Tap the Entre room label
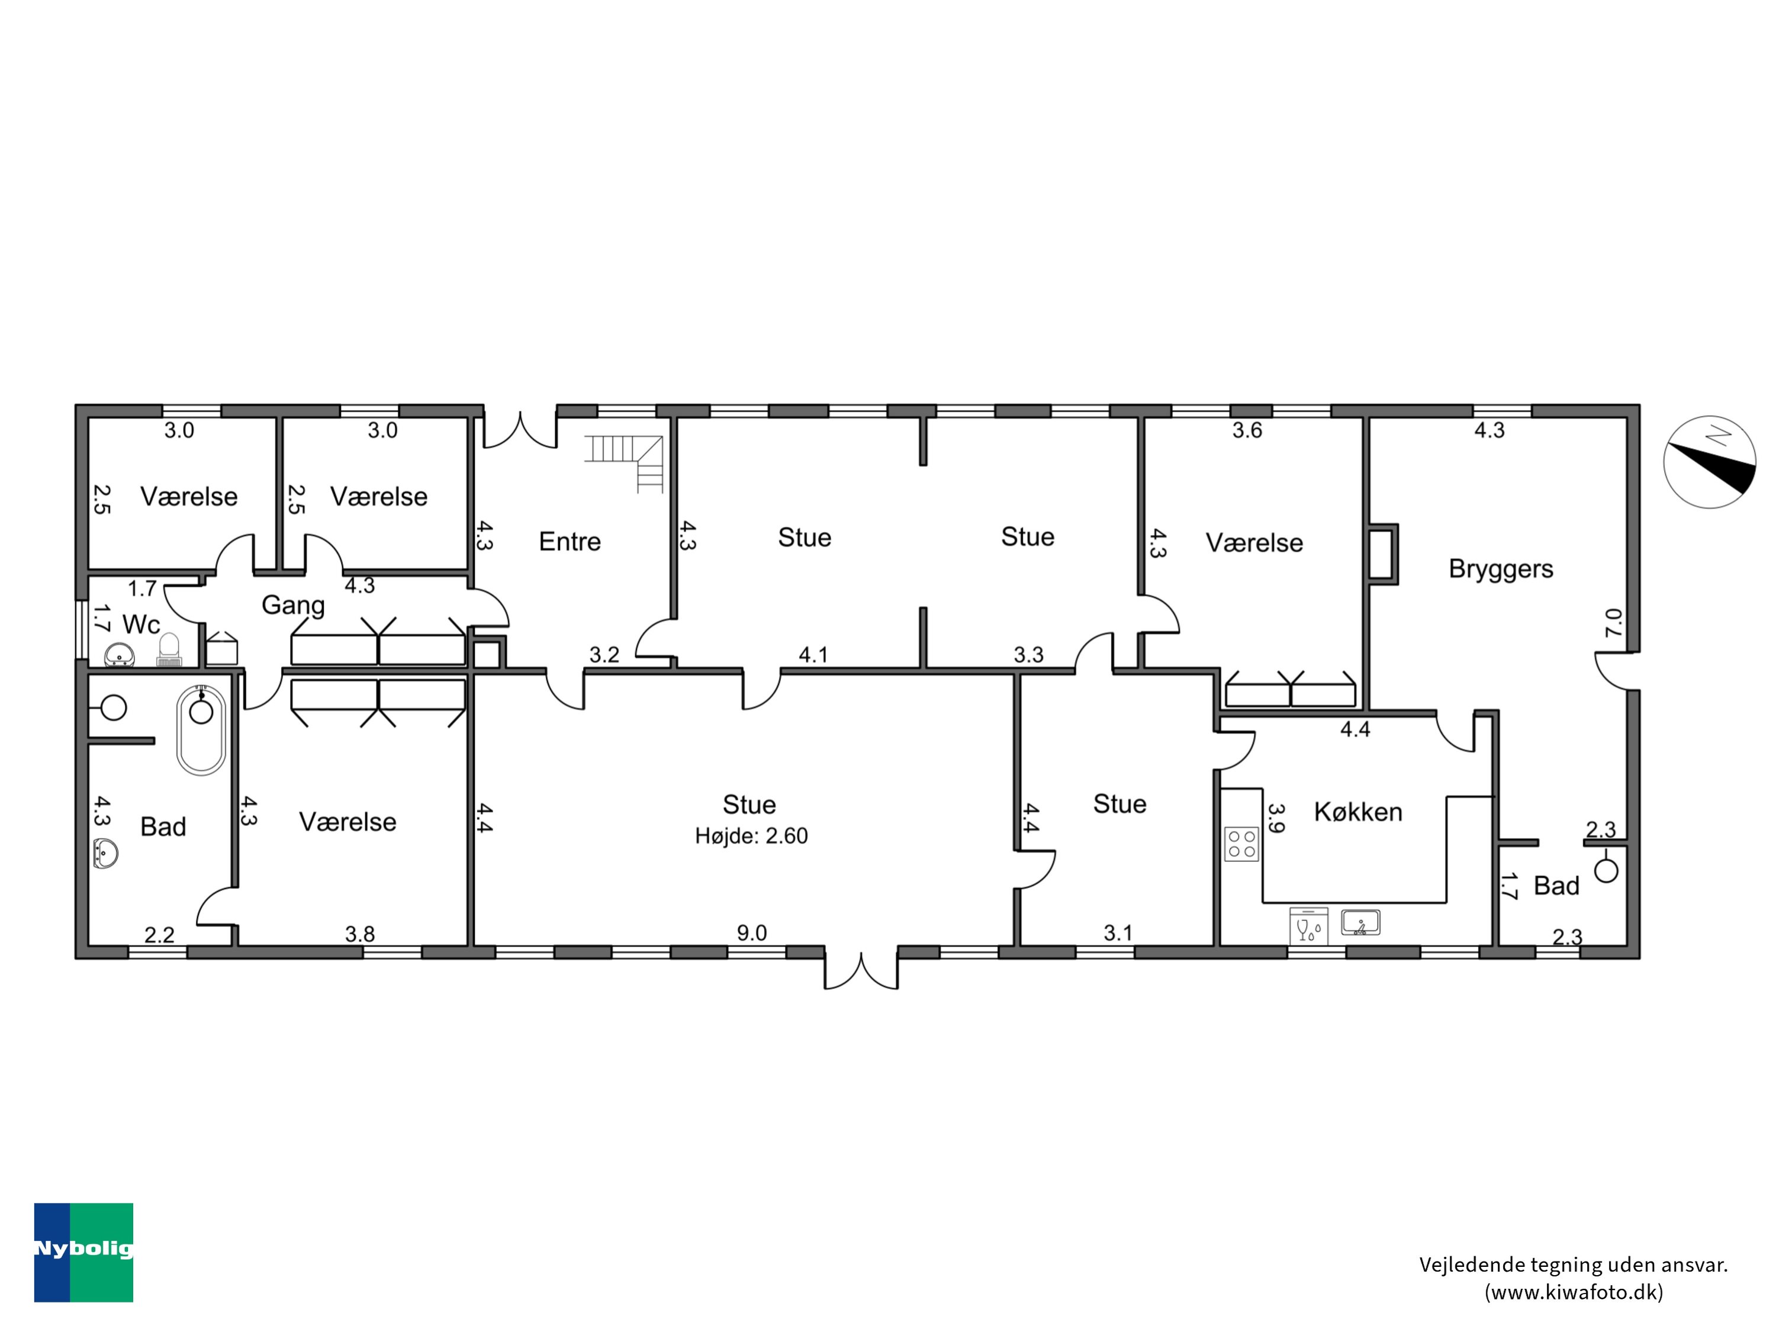570,541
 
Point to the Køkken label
1357,812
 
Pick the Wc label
141,625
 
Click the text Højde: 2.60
751,836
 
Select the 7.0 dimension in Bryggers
1613,622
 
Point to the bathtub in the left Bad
201,730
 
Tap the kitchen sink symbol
1361,922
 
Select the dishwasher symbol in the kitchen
1309,926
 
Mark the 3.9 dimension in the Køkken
1276,818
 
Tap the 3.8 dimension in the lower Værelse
360,934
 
